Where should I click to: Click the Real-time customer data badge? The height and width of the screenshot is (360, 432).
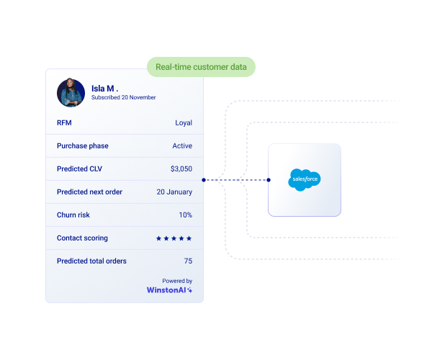[201, 68]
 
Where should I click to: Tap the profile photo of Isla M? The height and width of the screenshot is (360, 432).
[71, 92]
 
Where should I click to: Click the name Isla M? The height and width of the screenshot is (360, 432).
[106, 89]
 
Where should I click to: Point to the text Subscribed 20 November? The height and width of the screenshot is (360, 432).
[123, 97]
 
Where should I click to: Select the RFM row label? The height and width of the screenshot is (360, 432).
[64, 123]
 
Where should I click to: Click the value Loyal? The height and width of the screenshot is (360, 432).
[184, 123]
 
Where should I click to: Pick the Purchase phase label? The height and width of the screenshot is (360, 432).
[83, 146]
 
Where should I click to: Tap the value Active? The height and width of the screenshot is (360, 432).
[182, 146]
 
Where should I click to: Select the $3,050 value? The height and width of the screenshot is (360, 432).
[181, 169]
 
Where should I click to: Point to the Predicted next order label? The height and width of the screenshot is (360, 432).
[89, 192]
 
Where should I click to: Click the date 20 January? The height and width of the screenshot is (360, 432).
[174, 192]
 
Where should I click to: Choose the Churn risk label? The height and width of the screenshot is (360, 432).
[73, 215]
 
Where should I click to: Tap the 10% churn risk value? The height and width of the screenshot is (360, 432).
[186, 215]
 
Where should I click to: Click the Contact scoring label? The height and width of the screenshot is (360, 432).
[82, 238]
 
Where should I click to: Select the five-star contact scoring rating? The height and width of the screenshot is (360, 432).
[174, 238]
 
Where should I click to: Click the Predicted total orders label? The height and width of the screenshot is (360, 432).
[92, 261]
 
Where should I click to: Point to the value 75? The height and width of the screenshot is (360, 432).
[188, 261]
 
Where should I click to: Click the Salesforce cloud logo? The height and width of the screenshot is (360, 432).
[304, 179]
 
